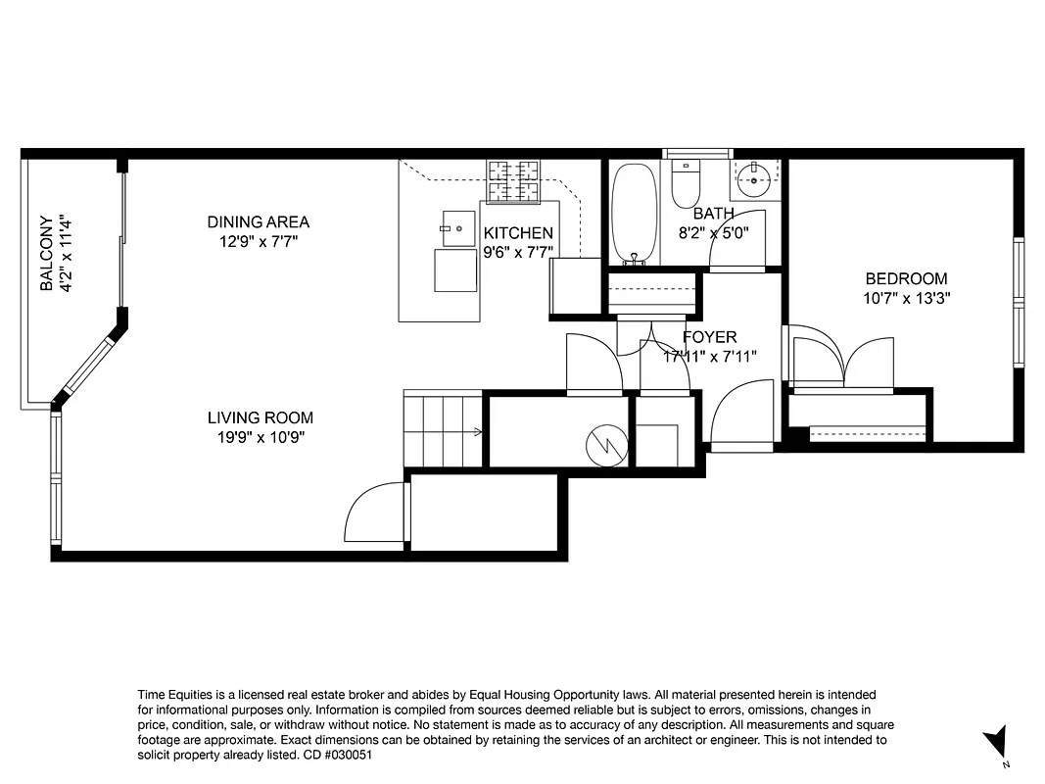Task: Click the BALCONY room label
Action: pos(45,254)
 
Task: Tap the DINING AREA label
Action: pos(259,222)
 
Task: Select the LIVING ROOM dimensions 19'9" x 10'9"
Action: pos(261,438)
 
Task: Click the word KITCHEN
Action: pos(518,233)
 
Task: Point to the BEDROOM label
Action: pos(906,278)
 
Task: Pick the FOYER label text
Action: pos(709,337)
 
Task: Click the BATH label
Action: pos(713,214)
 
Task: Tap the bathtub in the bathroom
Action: pos(635,213)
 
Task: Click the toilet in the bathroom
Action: pos(685,181)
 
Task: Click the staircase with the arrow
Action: pos(443,429)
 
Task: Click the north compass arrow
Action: pos(997,741)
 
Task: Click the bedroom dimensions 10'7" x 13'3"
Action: pos(906,298)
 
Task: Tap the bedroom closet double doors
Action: pos(843,365)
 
